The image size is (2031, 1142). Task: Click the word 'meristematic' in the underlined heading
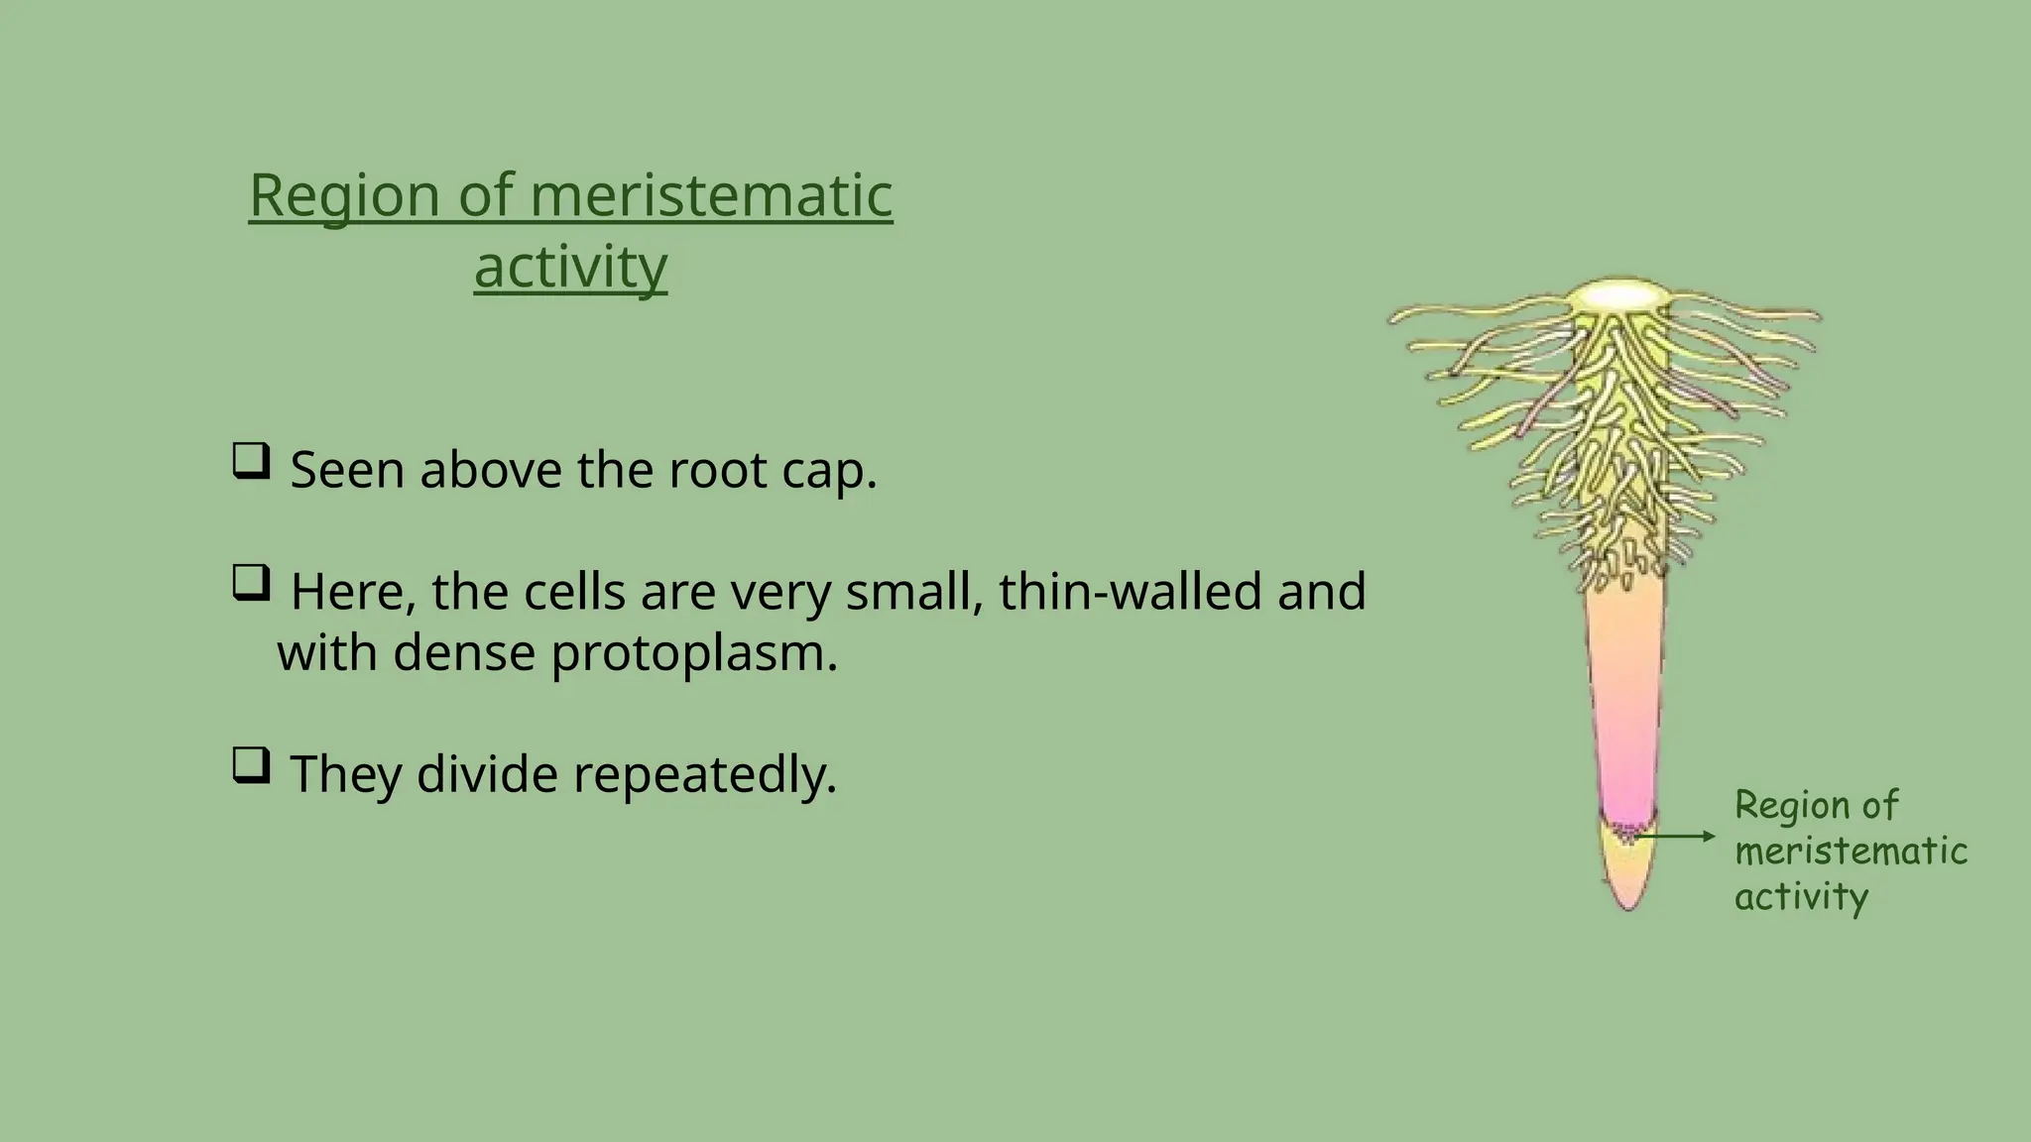(711, 195)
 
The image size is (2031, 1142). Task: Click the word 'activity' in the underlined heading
(570, 268)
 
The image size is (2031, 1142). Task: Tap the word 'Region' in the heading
(344, 195)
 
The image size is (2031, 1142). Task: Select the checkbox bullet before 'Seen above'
(251, 462)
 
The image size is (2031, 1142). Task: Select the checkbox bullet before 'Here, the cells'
(251, 583)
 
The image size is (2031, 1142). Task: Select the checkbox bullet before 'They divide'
(251, 765)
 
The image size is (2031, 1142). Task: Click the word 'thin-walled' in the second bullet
(1130, 592)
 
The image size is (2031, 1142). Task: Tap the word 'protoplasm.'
(694, 654)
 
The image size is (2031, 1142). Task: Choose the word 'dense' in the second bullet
(464, 654)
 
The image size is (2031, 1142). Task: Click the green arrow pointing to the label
(1676, 837)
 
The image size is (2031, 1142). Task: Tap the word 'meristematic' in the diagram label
(1851, 852)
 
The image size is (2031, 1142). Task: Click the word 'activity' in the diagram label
(1801, 897)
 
